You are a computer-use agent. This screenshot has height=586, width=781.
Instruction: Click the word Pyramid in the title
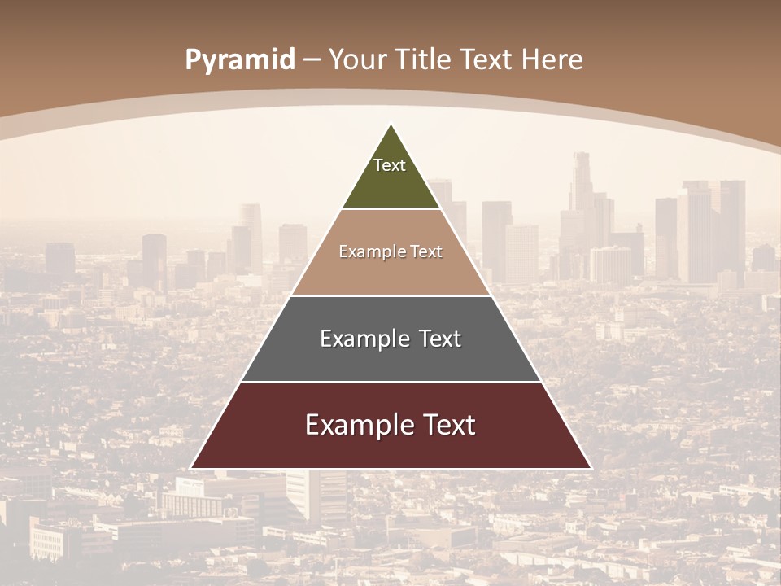(240, 60)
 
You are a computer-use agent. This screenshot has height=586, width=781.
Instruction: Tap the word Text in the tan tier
(426, 251)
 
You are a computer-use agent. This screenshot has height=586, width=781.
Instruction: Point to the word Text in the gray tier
(440, 339)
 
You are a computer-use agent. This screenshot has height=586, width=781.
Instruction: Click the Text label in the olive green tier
(390, 165)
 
